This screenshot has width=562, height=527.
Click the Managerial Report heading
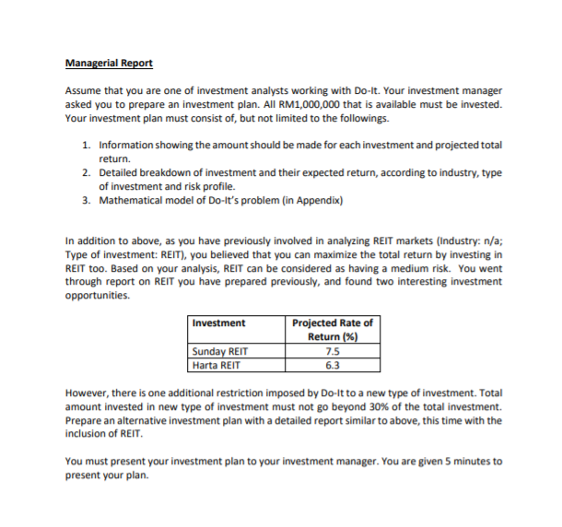pyautogui.click(x=109, y=64)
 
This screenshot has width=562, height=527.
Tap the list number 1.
pyautogui.click(x=86, y=146)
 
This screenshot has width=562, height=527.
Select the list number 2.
pyautogui.click(x=86, y=172)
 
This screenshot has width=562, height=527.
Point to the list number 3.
pyautogui.click(x=86, y=199)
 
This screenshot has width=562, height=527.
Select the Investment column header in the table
pyautogui.click(x=219, y=322)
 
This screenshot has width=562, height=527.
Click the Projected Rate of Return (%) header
pyautogui.click(x=332, y=329)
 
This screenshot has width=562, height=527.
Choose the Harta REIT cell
pyautogui.click(x=217, y=364)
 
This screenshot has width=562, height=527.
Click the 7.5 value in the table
pyautogui.click(x=332, y=351)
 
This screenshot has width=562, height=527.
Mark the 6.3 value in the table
pyautogui.click(x=332, y=364)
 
